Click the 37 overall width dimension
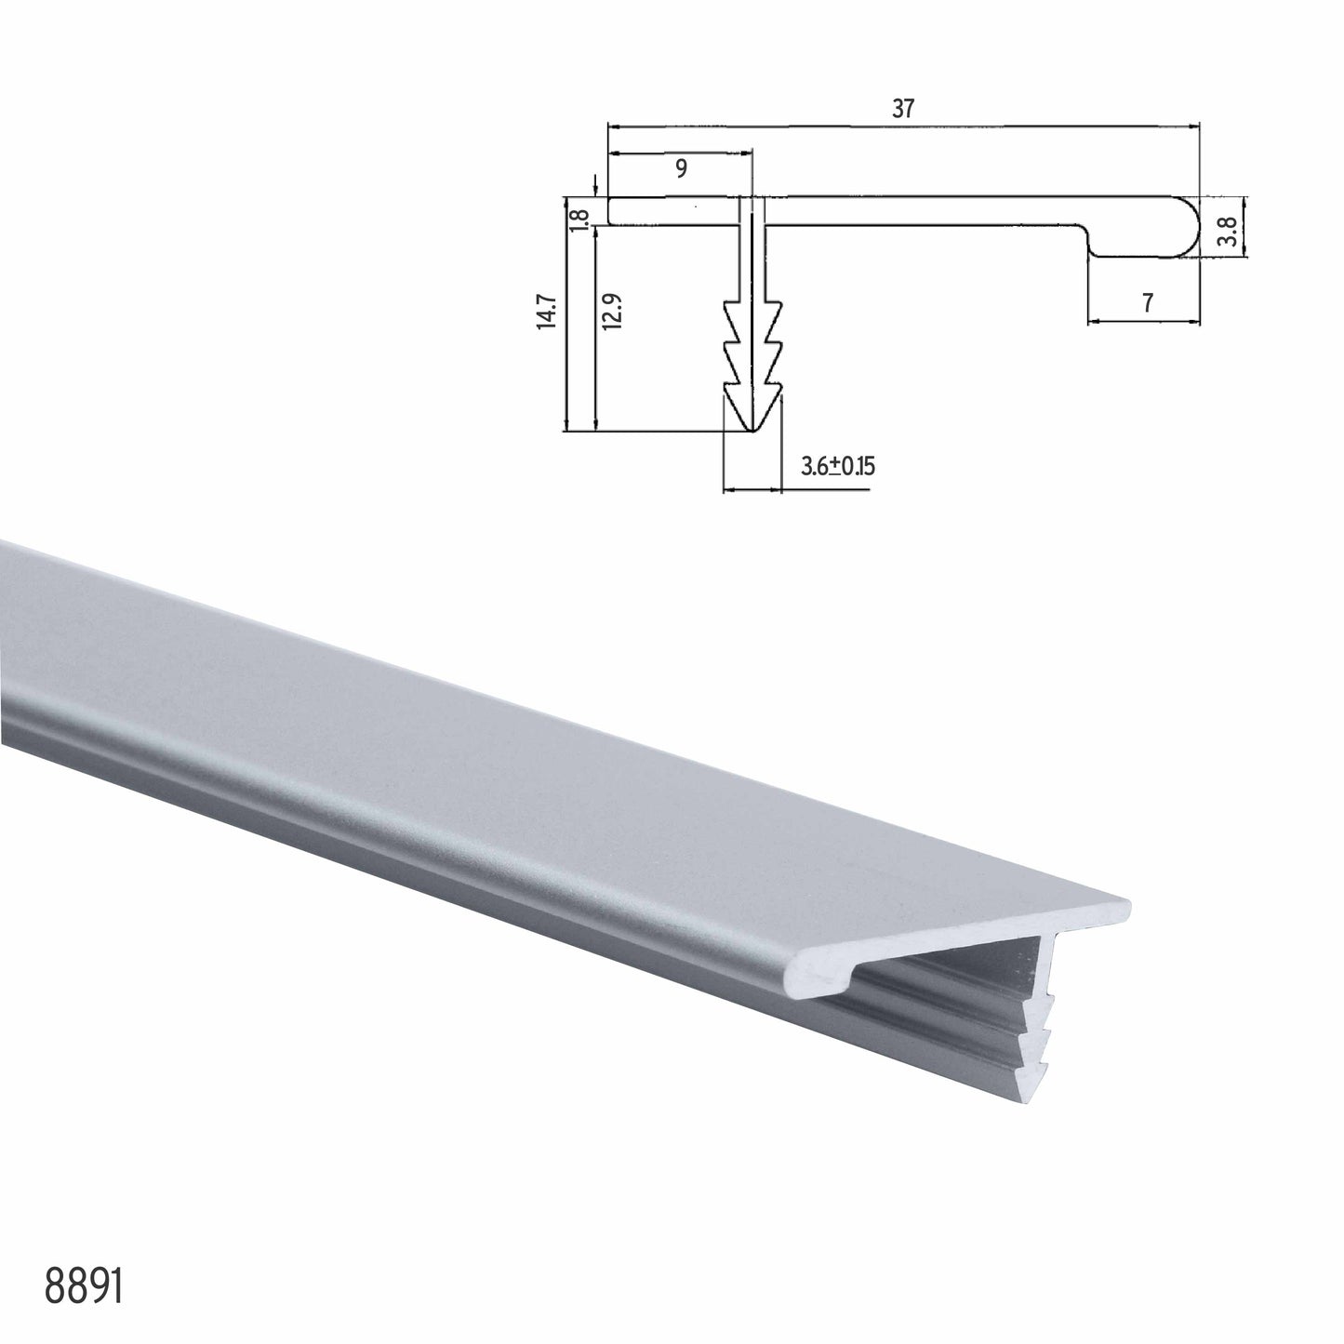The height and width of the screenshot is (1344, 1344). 902,109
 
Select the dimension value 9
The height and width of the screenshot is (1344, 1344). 681,168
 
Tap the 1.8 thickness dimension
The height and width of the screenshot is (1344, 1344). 580,220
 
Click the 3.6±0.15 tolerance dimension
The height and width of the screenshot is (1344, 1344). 837,467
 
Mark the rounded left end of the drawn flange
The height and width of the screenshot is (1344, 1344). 612,210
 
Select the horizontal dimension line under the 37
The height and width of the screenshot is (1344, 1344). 902,124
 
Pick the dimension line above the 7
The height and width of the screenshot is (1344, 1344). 1143,322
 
